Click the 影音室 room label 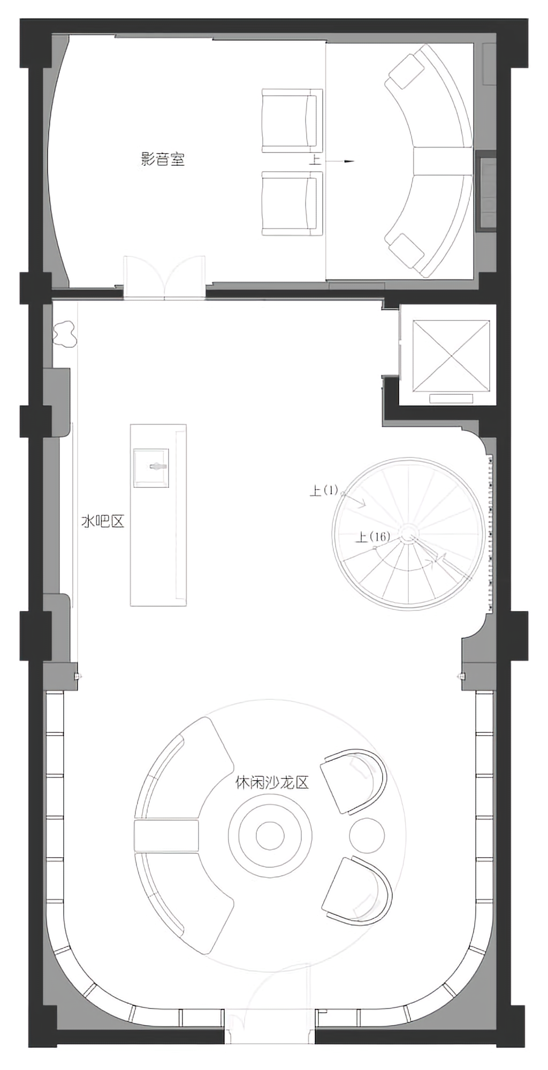(x=163, y=159)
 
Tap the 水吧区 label (x=102, y=521)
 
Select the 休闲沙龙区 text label (x=272, y=782)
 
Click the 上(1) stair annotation (x=324, y=490)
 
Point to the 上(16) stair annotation (x=373, y=536)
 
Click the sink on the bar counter (x=151, y=468)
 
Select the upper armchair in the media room (x=292, y=120)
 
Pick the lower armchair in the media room (x=292, y=203)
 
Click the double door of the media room (x=164, y=277)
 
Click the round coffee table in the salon (x=270, y=834)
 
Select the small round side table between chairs (x=367, y=834)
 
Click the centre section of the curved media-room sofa (x=442, y=161)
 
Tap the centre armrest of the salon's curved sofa (x=166, y=835)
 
